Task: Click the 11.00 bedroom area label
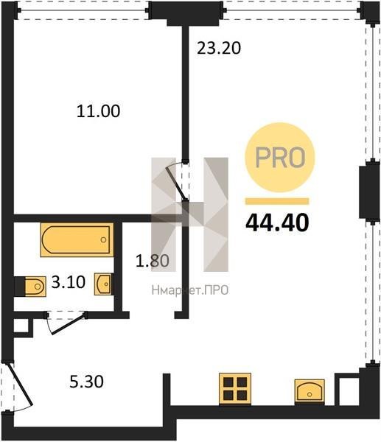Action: coord(98,110)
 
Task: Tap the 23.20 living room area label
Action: coord(219,48)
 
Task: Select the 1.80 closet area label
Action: coord(153,261)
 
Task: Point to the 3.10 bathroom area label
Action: coord(69,282)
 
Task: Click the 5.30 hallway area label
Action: coord(86,382)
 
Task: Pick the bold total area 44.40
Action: coord(277,222)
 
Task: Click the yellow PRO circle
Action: coord(280,158)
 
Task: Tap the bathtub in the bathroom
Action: coord(77,240)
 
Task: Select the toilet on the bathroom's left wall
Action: coord(35,287)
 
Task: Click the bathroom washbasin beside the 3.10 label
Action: coord(103,284)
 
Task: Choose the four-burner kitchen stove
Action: coord(235,389)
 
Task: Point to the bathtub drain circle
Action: coord(103,239)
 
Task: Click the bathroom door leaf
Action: coord(69,323)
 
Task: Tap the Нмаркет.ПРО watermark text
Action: coord(190,290)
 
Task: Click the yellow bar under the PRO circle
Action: coord(277,201)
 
